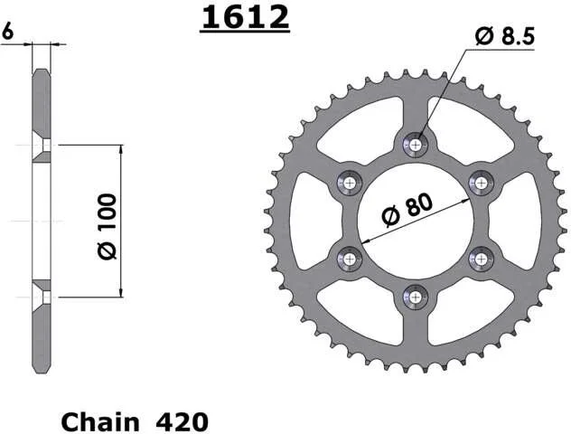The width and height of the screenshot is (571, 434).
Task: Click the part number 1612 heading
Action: [x=246, y=17]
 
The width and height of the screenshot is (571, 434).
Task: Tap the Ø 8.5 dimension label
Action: [x=505, y=36]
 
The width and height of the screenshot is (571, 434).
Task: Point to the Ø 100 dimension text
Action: [x=107, y=226]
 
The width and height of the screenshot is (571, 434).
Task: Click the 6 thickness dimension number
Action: [x=7, y=31]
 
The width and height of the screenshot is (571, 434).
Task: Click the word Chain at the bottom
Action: [x=100, y=422]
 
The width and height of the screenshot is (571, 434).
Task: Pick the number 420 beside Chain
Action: [x=183, y=422]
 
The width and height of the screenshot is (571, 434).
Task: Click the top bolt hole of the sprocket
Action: [x=415, y=145]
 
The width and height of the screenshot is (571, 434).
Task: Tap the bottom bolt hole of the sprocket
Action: [x=415, y=297]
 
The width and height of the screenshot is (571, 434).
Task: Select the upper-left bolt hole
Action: [x=350, y=183]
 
